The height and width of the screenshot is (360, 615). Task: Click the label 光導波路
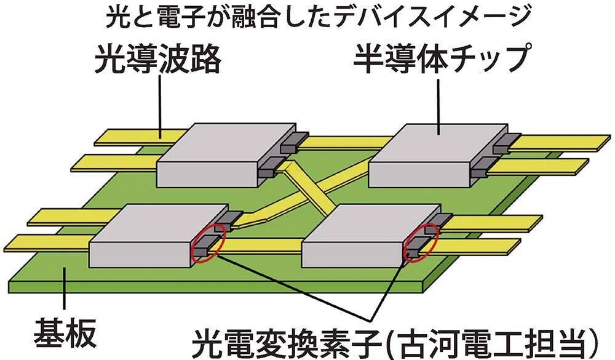pyautogui.click(x=157, y=58)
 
